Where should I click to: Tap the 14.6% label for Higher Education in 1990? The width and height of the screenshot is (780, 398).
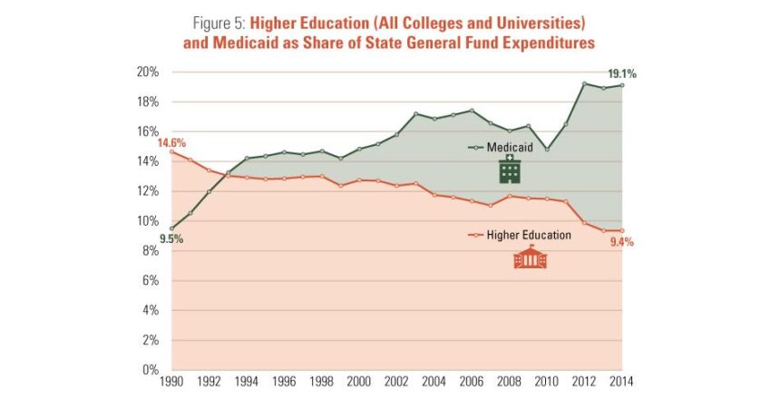(x=171, y=141)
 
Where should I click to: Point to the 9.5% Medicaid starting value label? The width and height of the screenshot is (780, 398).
(x=171, y=239)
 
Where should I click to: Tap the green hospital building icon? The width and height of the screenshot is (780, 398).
(x=510, y=169)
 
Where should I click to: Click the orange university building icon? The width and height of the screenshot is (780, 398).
(x=531, y=258)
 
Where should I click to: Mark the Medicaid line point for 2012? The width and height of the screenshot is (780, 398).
(x=583, y=84)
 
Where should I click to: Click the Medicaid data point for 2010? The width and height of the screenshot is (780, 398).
(x=546, y=149)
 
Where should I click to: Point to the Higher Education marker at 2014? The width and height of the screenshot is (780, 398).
(x=620, y=230)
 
